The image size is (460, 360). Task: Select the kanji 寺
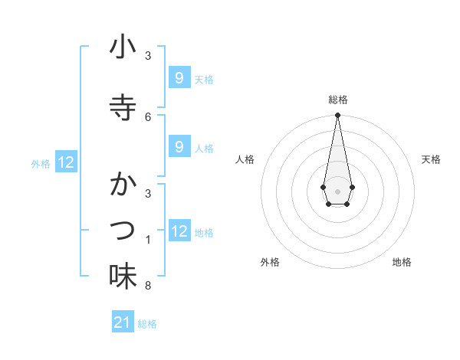pyautogui.click(x=123, y=107)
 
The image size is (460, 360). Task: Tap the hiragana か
pyautogui.click(x=123, y=185)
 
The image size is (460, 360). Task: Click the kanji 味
pyautogui.click(x=123, y=276)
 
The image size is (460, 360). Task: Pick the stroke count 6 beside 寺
pyautogui.click(x=148, y=116)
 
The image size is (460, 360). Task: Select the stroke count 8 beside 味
pyautogui.click(x=148, y=286)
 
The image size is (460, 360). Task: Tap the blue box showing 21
pyautogui.click(x=123, y=323)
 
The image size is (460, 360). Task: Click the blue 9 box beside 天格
pyautogui.click(x=179, y=78)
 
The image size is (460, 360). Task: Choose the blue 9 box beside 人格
pyautogui.click(x=179, y=147)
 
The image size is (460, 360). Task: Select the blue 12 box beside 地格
pyautogui.click(x=179, y=231)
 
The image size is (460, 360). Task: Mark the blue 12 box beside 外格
pyautogui.click(x=66, y=162)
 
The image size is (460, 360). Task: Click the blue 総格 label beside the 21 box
pyautogui.click(x=147, y=324)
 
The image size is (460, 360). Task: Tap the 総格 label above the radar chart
pyautogui.click(x=337, y=100)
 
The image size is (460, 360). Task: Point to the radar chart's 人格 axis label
pyautogui.click(x=245, y=159)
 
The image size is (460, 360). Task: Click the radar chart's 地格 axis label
pyautogui.click(x=402, y=262)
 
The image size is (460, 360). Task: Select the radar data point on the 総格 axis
pyautogui.click(x=337, y=116)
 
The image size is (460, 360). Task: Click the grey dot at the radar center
pyautogui.click(x=337, y=191)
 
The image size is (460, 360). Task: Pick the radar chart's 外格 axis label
pyautogui.click(x=270, y=262)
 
